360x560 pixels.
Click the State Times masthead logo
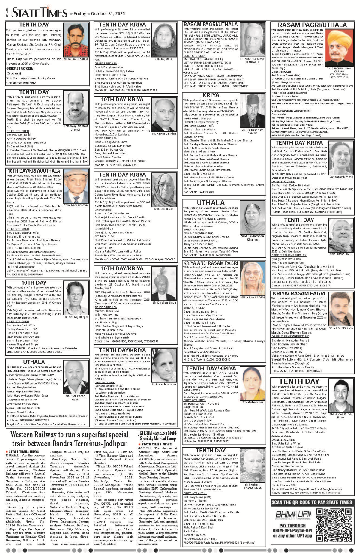click(40, 13)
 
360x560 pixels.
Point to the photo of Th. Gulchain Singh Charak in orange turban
click(339, 48)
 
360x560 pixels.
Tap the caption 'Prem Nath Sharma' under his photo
click(76, 205)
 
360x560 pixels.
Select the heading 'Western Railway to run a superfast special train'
click(70, 439)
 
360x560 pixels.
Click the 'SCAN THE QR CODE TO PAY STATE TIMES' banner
click(312, 502)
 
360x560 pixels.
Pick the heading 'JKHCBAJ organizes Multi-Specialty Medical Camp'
click(157, 436)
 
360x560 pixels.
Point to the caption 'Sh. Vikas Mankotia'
click(341, 328)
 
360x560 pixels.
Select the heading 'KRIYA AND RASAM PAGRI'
click(211, 263)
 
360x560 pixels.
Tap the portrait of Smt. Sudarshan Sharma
click(252, 219)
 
